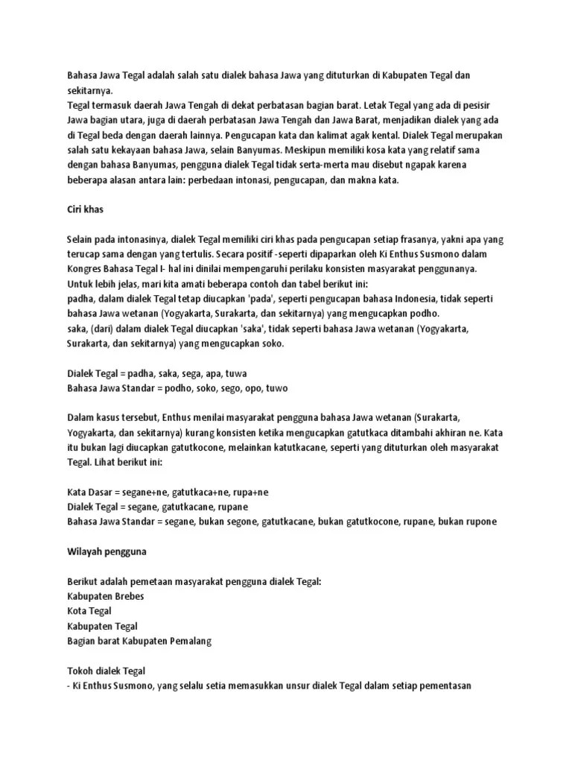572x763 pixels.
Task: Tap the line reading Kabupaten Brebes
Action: [x=105, y=596]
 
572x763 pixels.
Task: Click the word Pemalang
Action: [x=189, y=641]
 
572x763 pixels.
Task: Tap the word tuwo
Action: [x=276, y=388]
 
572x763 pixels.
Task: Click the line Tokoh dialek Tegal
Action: [x=106, y=671]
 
